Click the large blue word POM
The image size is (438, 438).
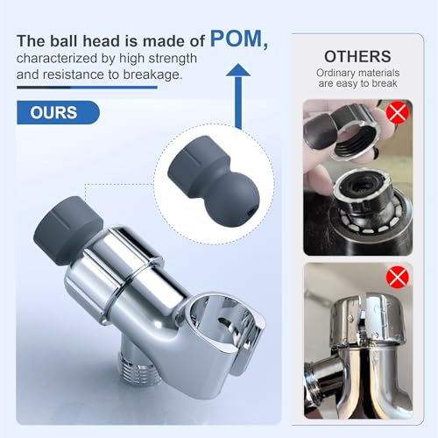(236, 39)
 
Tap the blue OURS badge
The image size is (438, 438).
(58, 112)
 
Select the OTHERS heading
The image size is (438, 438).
(357, 56)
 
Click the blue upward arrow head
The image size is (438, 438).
(238, 70)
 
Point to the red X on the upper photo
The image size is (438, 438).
(397, 112)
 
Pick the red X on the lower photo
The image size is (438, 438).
(397, 277)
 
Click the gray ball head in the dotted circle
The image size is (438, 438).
(214, 180)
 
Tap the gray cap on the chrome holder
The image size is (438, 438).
(68, 230)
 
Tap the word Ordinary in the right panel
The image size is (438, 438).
(334, 73)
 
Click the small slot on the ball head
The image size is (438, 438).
(250, 213)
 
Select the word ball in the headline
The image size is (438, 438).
(64, 40)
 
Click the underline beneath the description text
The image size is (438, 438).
(87, 88)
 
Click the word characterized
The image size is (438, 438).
(57, 59)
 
